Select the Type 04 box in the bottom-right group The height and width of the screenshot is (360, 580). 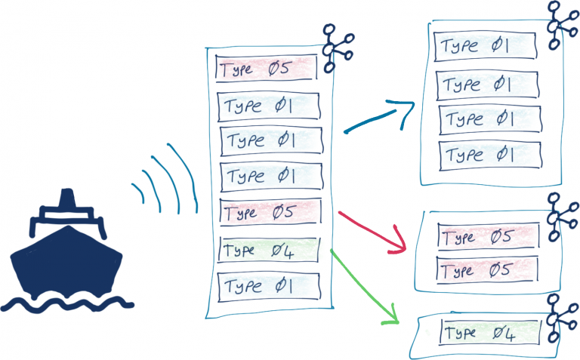tap(490, 333)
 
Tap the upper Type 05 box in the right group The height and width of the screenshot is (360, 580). tap(487, 238)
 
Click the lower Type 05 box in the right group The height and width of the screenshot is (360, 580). tap(487, 269)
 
